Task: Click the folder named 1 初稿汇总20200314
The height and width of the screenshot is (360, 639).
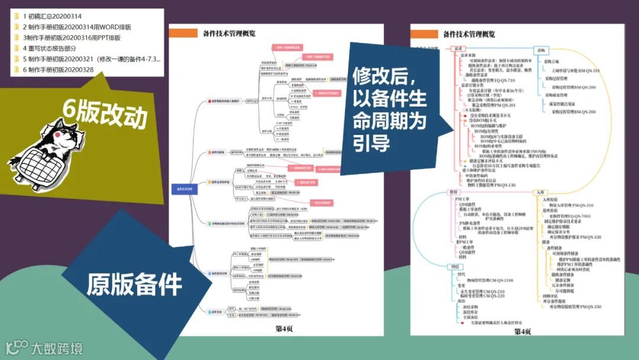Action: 47,16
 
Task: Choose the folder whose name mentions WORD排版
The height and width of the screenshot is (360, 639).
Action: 77,27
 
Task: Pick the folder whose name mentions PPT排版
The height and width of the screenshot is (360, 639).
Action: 71,37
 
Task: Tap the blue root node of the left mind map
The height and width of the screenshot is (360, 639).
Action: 184,189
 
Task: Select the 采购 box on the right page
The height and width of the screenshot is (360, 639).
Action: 541,50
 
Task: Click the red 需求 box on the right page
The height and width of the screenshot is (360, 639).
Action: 457,50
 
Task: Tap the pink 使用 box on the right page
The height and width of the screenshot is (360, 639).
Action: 454,192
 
